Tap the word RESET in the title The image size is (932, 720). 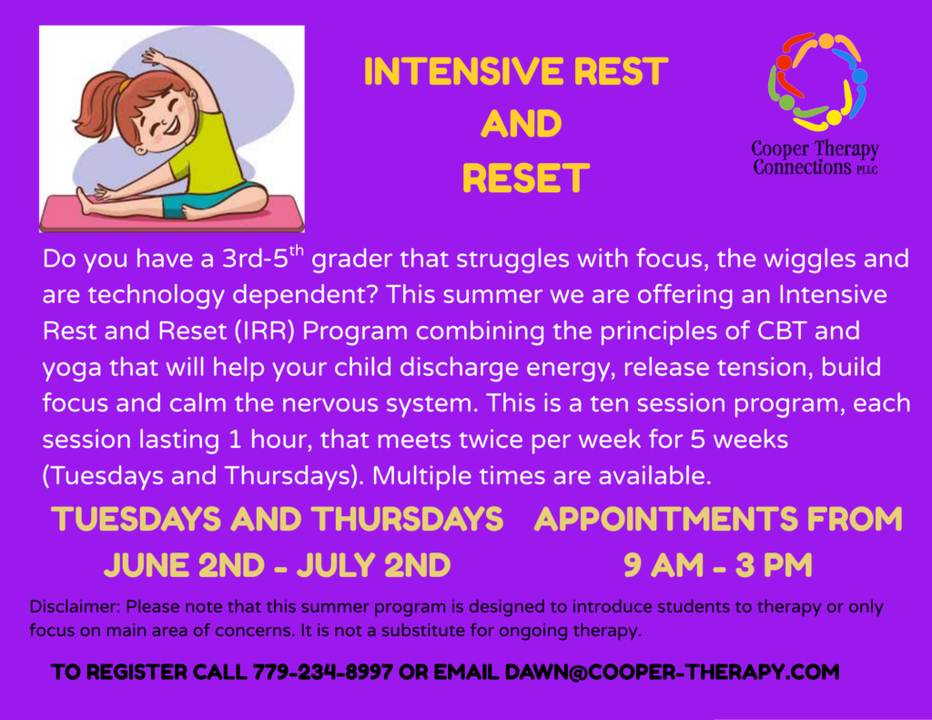[525, 178]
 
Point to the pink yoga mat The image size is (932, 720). [172, 213]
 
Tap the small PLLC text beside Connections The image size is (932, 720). [866, 170]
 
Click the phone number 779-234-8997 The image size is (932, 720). [323, 672]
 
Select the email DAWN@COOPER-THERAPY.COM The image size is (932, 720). [672, 672]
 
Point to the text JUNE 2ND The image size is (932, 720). [184, 565]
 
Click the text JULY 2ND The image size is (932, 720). [373, 565]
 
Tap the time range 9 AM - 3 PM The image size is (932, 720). [717, 565]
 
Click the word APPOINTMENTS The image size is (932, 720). [665, 519]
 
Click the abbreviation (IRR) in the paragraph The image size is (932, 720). [265, 331]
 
